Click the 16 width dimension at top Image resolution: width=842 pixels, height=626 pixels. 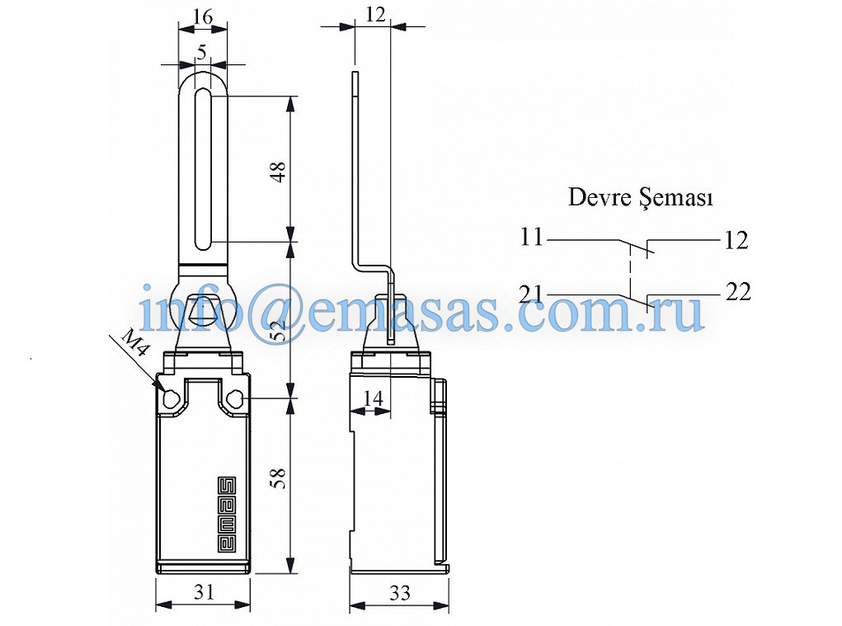point(202,16)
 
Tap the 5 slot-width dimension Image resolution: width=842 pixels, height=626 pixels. point(202,52)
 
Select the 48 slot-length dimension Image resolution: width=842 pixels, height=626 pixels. point(279,172)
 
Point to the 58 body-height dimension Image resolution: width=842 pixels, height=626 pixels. point(279,478)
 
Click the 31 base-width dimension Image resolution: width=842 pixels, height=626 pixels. point(204,591)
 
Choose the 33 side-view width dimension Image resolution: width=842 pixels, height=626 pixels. point(400,593)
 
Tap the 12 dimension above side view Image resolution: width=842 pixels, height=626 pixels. point(375,15)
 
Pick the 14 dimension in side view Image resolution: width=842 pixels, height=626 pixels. point(374,398)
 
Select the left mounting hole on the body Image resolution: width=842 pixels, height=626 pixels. point(172,399)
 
